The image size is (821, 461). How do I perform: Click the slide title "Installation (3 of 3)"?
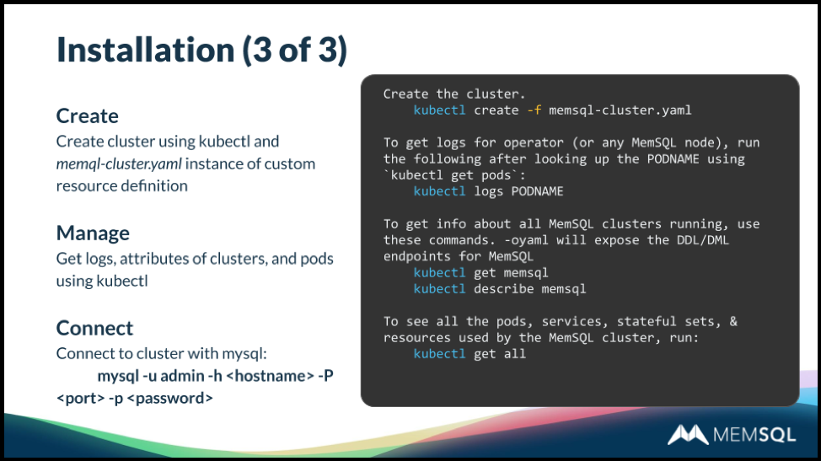201,51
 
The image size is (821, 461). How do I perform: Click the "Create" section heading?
87,115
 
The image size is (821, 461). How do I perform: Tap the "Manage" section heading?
93,233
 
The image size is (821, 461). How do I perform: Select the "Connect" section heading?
94,328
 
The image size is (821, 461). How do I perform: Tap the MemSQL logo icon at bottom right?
688,434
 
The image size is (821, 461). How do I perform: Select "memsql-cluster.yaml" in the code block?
620,110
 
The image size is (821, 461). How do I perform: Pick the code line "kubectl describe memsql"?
499,289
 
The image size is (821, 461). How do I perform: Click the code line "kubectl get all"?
470,354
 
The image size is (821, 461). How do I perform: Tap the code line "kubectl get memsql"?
480,272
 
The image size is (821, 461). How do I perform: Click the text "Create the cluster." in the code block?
453,94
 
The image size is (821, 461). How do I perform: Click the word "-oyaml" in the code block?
526,240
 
